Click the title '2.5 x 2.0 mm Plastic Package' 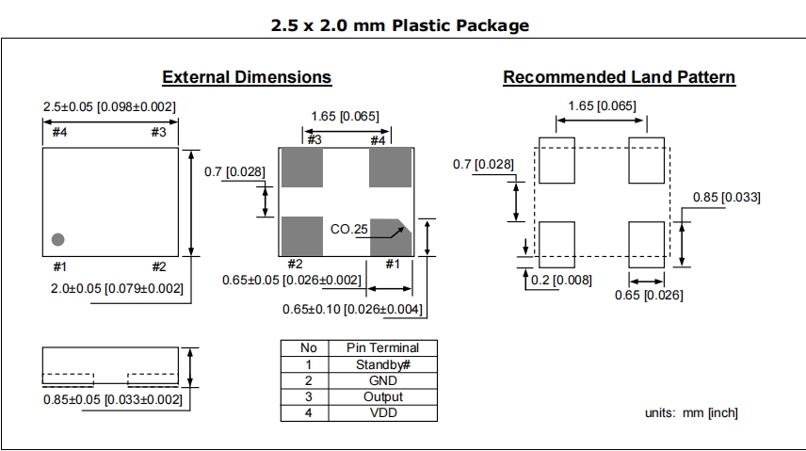pyautogui.click(x=399, y=25)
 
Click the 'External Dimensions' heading pyautogui.click(x=247, y=77)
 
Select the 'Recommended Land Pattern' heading pyautogui.click(x=619, y=77)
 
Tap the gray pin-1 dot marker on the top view pyautogui.click(x=58, y=238)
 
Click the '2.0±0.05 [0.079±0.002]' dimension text pyautogui.click(x=117, y=288)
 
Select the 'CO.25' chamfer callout pyautogui.click(x=347, y=229)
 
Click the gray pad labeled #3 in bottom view pyautogui.click(x=302, y=167)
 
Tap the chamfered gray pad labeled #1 pyautogui.click(x=390, y=236)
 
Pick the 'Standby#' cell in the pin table pyautogui.click(x=381, y=364)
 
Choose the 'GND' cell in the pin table pyautogui.click(x=381, y=380)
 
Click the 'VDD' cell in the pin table pyautogui.click(x=381, y=412)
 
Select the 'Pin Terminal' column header pyautogui.click(x=381, y=347)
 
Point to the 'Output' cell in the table pyautogui.click(x=381, y=396)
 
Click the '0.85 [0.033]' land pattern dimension pyautogui.click(x=726, y=197)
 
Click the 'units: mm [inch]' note pyautogui.click(x=691, y=412)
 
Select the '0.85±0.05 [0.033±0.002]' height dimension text pyautogui.click(x=111, y=399)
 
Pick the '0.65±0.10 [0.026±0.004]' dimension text pyautogui.click(x=352, y=309)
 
